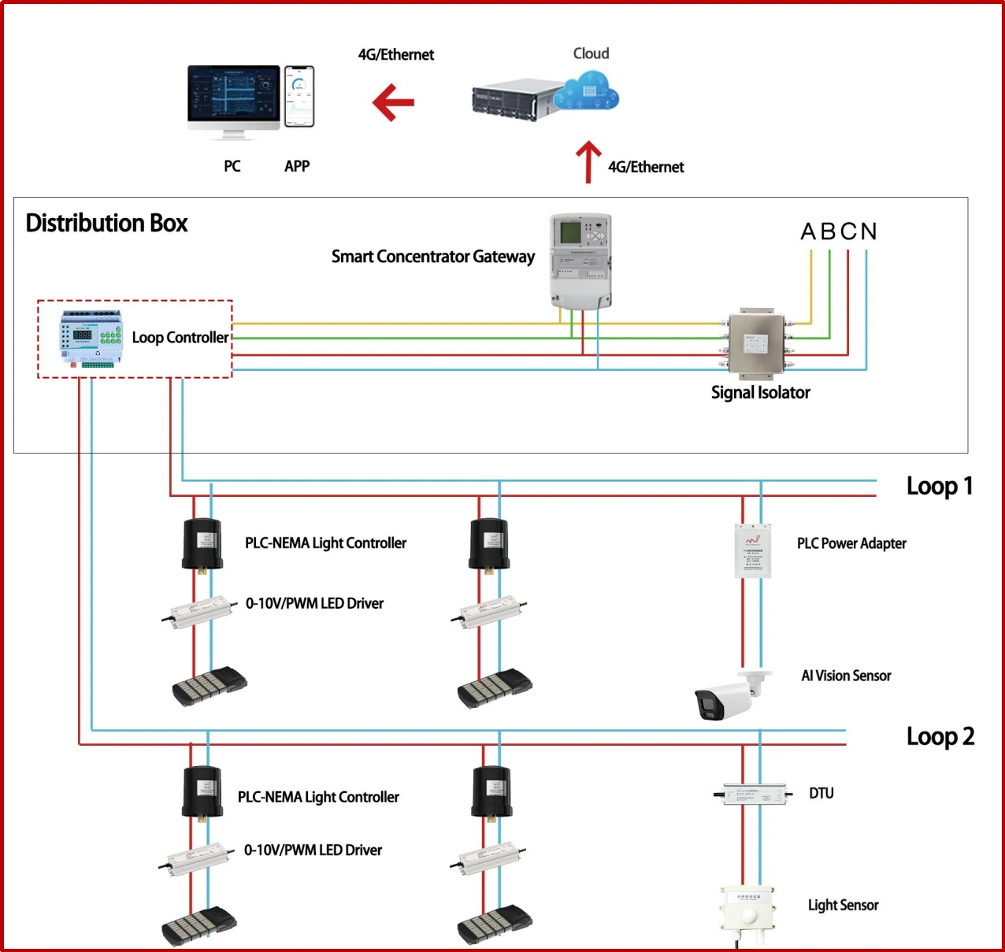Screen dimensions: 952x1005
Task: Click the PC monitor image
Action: [234, 101]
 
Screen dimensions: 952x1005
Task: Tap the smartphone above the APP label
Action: [299, 96]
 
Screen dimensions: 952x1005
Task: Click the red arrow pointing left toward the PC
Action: [393, 102]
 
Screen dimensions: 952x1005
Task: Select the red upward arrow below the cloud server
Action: [588, 161]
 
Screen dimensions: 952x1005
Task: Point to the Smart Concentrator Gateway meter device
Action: [580, 260]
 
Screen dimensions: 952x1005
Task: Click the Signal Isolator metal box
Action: [756, 343]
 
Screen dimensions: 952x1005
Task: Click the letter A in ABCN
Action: [808, 232]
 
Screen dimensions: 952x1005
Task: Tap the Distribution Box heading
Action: [106, 224]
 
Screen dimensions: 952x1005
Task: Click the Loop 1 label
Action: [939, 487]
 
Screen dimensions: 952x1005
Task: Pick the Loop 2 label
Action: [940, 737]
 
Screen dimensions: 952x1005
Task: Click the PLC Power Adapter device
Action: [752, 550]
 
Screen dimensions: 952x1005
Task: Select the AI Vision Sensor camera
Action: [727, 695]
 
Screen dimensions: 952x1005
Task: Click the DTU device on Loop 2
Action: [754, 794]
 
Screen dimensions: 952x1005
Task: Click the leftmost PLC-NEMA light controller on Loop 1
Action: [202, 544]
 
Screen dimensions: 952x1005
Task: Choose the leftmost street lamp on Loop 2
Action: [199, 924]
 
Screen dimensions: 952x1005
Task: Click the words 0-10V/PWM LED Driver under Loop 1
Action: [314, 604]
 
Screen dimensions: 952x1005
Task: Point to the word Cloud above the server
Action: [591, 54]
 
